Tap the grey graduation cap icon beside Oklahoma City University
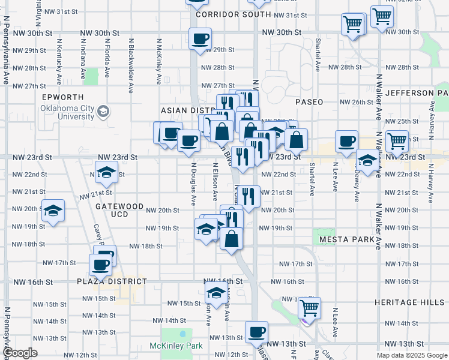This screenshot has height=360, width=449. click(x=103, y=111)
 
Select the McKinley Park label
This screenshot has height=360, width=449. click(x=176, y=346)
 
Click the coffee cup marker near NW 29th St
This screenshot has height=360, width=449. click(x=200, y=40)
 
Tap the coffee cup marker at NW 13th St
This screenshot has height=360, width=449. click(x=256, y=332)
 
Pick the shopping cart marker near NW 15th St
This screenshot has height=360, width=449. click(x=309, y=308)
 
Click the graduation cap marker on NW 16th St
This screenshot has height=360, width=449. click(x=215, y=293)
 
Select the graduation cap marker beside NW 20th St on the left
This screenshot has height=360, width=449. click(x=53, y=211)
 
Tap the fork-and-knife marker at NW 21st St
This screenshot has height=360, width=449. click(x=249, y=195)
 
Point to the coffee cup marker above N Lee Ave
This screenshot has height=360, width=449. click(x=346, y=142)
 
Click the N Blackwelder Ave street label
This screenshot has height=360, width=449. click(x=131, y=63)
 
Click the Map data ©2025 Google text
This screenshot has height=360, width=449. click(x=411, y=355)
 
